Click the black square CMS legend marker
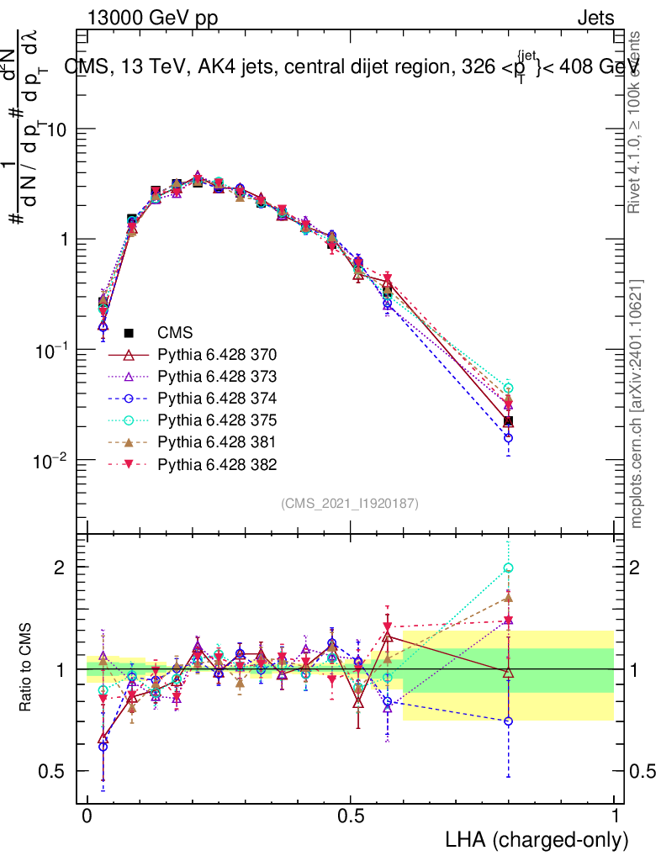coord(129,333)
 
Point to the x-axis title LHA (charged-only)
coord(537,839)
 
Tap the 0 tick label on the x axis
coord(87,816)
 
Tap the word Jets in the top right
coord(595,18)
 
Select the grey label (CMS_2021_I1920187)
coord(350,503)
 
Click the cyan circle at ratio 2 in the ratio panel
coord(508,568)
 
